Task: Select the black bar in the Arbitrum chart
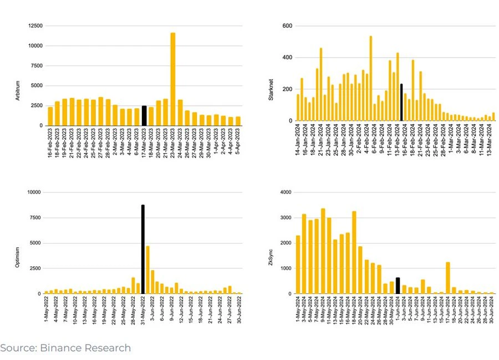click(144, 116)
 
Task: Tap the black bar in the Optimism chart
click(142, 249)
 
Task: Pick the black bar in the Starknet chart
click(401, 103)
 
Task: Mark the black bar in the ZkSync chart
click(398, 286)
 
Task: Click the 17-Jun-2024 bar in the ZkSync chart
click(447, 278)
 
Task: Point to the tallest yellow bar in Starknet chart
click(370, 78)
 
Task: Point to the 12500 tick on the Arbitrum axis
click(35, 26)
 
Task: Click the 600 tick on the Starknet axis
click(287, 26)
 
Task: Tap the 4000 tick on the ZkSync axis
click(286, 192)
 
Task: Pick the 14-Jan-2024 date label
click(298, 140)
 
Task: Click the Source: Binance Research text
click(65, 348)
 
